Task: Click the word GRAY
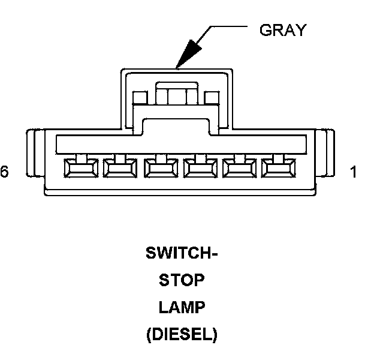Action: point(282,31)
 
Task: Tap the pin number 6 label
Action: point(5,172)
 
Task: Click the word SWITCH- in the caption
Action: point(182,253)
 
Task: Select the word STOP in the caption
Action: point(182,280)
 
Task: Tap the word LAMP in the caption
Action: point(182,308)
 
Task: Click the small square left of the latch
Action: point(140,98)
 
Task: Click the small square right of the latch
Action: point(212,98)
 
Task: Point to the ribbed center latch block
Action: point(176,95)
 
